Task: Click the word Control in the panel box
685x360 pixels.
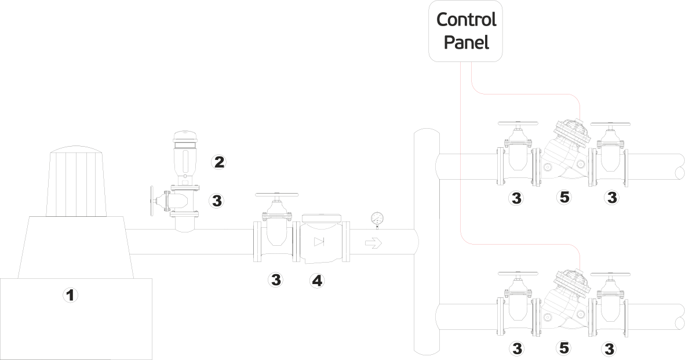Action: [x=466, y=20]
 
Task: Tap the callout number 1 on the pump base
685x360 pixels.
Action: [x=70, y=296]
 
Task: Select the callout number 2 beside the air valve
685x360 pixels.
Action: [x=218, y=162]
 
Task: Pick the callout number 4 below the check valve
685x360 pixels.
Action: [x=316, y=281]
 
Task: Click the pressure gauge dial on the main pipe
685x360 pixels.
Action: [x=377, y=219]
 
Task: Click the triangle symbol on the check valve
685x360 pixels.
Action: [x=320, y=242]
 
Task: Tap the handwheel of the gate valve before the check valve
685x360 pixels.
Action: [x=276, y=196]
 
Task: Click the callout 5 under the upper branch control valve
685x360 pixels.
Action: [x=563, y=198]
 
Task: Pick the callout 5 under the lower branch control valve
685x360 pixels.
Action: [x=563, y=348]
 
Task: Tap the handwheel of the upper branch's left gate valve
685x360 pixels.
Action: [x=519, y=124]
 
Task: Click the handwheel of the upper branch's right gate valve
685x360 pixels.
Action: [x=610, y=124]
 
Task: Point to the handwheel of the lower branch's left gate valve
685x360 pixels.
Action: [x=519, y=274]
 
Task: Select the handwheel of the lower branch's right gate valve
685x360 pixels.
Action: [x=610, y=274]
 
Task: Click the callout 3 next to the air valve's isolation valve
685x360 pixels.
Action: [x=217, y=201]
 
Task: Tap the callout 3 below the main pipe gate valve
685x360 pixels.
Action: [x=276, y=280]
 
